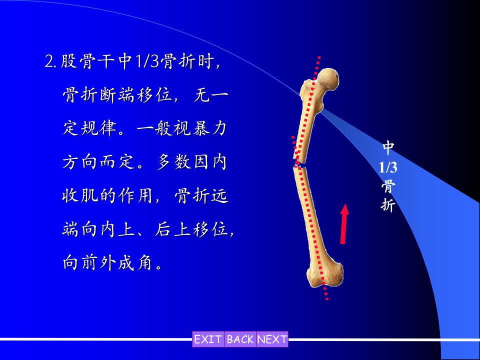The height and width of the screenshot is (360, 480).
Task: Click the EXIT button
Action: point(208,339)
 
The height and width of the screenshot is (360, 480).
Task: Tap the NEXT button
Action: point(272,339)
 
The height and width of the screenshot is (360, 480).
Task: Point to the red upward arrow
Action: point(344,224)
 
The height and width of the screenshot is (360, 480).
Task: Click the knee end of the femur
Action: point(325,274)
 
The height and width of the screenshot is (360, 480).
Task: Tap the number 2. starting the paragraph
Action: point(51,61)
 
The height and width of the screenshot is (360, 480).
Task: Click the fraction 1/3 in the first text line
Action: point(147,61)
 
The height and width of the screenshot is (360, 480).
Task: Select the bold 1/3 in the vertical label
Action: point(388,167)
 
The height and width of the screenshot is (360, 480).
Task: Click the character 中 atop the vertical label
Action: point(388,148)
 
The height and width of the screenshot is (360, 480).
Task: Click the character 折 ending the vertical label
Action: point(388,204)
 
